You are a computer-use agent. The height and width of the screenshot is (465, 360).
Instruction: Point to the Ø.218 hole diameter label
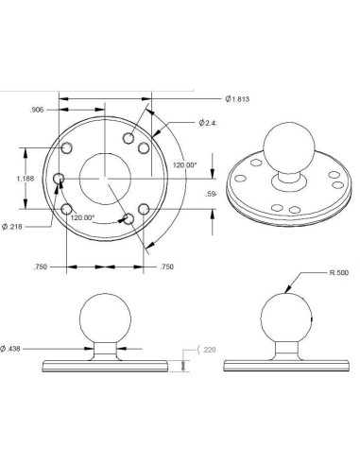tap(15, 226)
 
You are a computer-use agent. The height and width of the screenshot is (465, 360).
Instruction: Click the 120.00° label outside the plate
tap(185, 164)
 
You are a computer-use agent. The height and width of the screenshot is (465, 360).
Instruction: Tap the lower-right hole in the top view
tap(143, 208)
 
